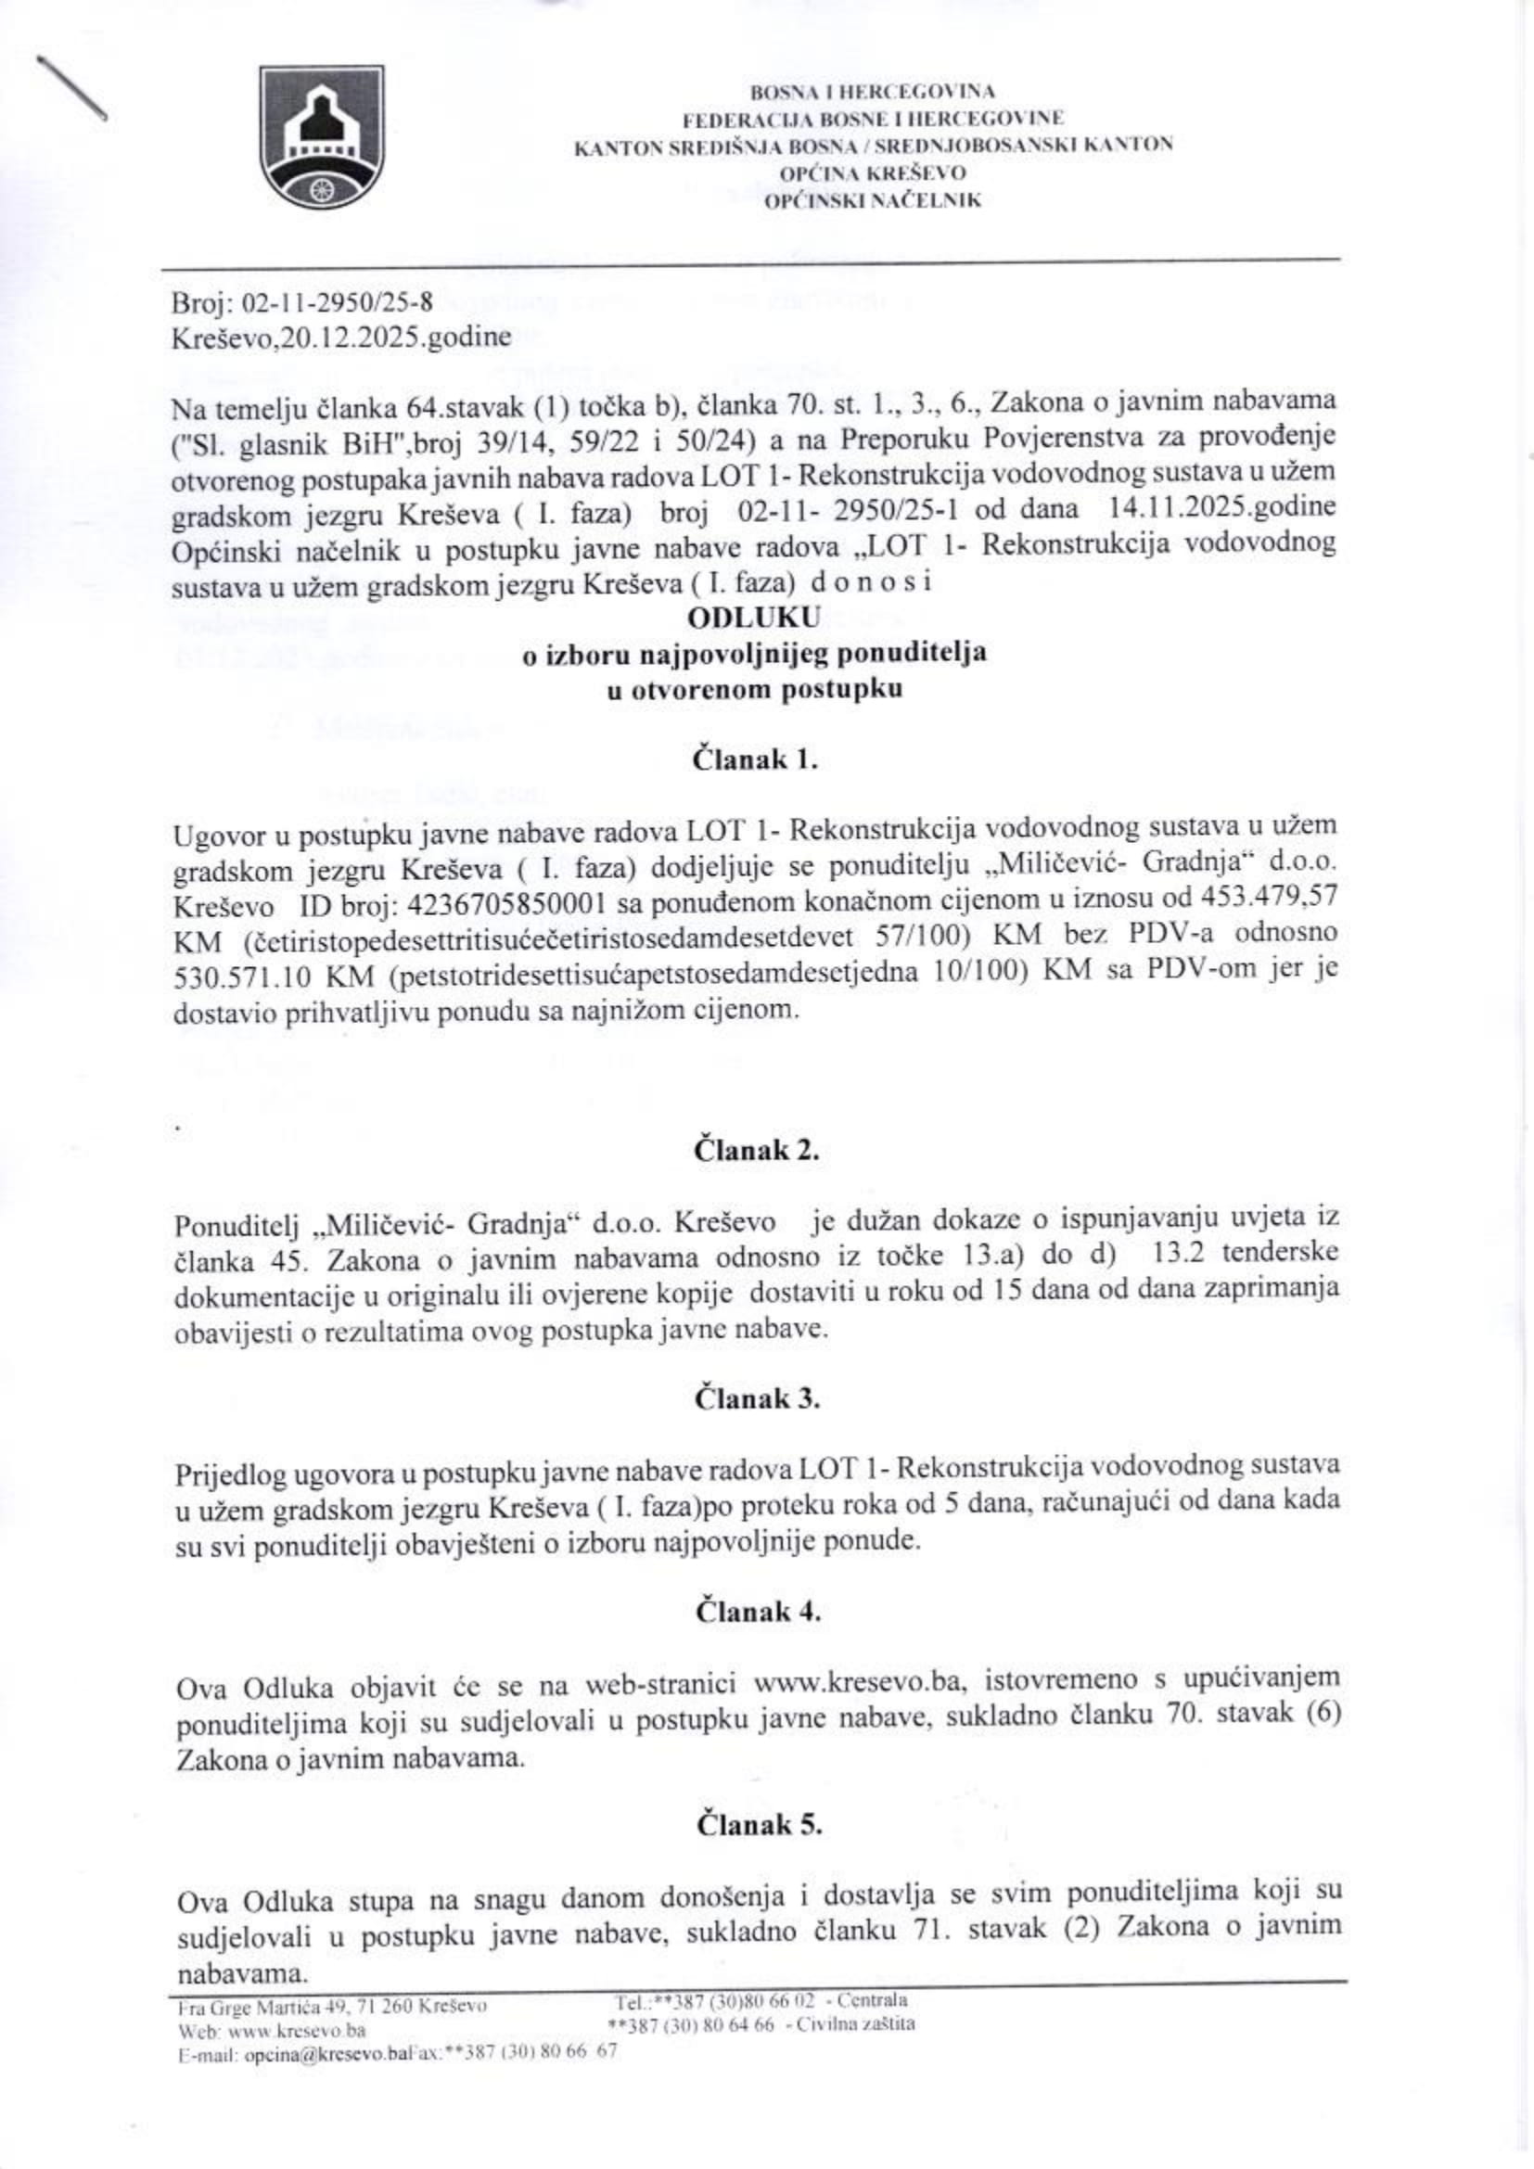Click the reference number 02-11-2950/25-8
(339, 303)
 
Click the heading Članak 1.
(755, 760)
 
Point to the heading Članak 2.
(756, 1151)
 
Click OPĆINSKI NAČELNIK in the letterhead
(873, 200)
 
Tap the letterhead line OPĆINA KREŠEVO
(873, 173)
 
